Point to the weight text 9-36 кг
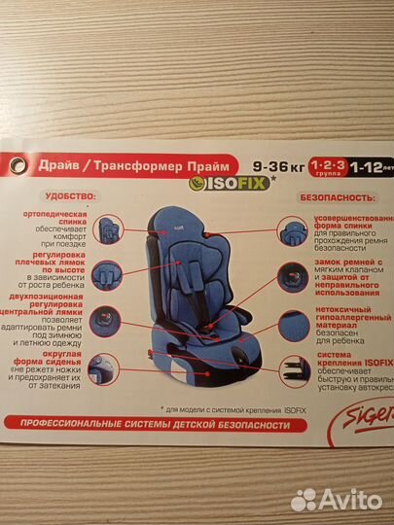pos(277,162)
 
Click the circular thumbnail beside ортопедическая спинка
pos(105,225)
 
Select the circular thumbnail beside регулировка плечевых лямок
pos(105,270)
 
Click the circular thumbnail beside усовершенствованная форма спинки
pos(290,231)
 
